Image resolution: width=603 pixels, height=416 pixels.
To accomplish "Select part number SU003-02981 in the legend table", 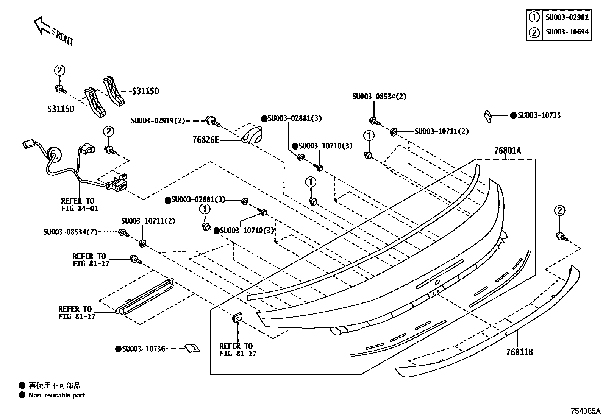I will pyautogui.click(x=567, y=17).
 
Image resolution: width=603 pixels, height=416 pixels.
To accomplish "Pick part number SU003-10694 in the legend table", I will pyautogui.click(x=567, y=32).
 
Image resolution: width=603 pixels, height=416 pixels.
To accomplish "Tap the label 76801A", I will pyautogui.click(x=507, y=151).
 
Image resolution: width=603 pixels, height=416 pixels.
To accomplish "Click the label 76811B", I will pyautogui.click(x=520, y=352).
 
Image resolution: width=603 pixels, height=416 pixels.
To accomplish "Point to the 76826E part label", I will pyautogui.click(x=206, y=140).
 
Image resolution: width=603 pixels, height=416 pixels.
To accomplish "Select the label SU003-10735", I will pyautogui.click(x=539, y=115).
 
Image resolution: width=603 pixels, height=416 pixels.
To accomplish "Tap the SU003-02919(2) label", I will pyautogui.click(x=158, y=121).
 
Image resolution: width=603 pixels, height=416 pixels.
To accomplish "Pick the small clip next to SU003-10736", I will pyautogui.click(x=192, y=348).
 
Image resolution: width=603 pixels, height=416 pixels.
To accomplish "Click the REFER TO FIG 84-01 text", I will pyautogui.click(x=79, y=204).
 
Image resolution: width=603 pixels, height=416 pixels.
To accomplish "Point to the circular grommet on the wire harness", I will pyautogui.click(x=53, y=155).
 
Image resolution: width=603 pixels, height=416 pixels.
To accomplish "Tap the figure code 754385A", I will pyautogui.click(x=586, y=411).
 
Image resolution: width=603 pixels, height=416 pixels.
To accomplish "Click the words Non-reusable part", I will pyautogui.click(x=57, y=395).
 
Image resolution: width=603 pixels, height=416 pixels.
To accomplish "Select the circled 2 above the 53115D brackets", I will pyautogui.click(x=59, y=70).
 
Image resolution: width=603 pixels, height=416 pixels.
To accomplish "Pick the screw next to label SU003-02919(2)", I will pyautogui.click(x=212, y=122).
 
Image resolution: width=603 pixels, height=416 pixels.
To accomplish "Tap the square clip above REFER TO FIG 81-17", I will pyautogui.click(x=237, y=318).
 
